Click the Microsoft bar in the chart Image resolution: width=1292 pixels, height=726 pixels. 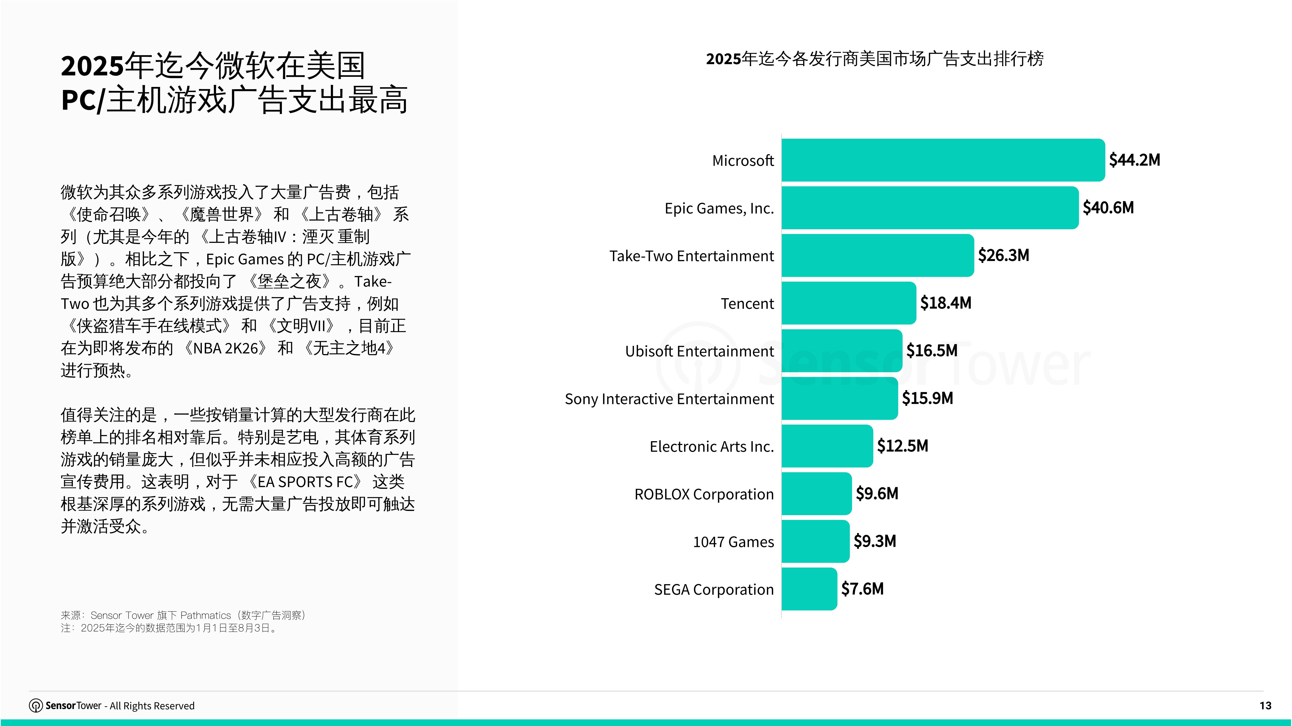point(943,160)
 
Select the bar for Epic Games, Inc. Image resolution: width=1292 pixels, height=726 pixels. point(929,208)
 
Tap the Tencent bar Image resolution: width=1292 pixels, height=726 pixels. point(849,303)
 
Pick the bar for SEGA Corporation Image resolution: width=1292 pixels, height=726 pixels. point(809,589)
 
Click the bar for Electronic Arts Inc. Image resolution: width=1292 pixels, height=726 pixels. point(827,446)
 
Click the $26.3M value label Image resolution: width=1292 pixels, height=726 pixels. point(1003,255)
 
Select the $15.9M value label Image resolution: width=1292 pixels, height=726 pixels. point(927,398)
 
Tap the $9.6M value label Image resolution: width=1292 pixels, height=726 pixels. point(877,494)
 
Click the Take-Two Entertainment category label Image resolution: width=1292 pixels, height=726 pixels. point(691,256)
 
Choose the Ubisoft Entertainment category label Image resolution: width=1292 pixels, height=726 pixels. point(699,351)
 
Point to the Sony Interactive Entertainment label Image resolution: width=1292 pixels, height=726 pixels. point(669,399)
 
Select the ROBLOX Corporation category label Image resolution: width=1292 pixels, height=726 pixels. point(704,494)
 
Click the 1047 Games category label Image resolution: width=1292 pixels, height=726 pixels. point(733,542)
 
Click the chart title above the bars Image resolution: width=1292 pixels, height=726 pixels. point(875,59)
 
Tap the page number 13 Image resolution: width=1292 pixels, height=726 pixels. point(1265,705)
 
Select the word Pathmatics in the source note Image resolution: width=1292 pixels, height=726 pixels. point(206,615)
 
